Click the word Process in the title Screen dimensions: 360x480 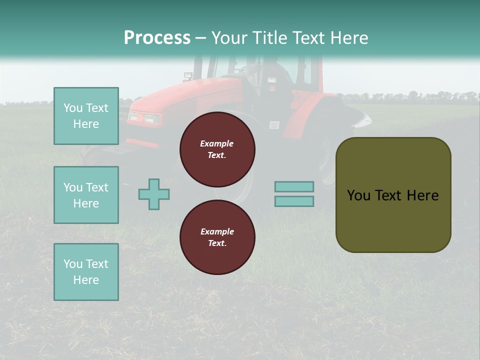157,38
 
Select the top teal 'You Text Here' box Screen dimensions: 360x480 86,116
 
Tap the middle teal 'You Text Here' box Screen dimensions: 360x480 86,195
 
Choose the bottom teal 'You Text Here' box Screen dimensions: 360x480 86,272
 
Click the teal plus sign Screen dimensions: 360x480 154,194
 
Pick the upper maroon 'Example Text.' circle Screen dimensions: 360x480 217,149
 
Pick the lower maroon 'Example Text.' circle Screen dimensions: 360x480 217,237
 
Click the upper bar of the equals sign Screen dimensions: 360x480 294,186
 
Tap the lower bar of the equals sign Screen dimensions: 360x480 294,201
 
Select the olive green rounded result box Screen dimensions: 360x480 393,195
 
